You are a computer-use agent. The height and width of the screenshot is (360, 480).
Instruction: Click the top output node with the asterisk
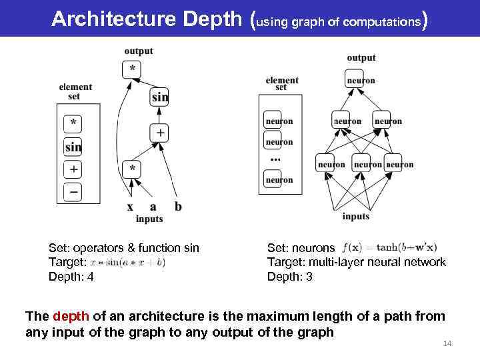133,69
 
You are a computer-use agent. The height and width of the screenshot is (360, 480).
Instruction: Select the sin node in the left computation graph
160,97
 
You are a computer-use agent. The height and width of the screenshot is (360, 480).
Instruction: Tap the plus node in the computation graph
160,132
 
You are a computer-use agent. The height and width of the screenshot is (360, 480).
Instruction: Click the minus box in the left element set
73,193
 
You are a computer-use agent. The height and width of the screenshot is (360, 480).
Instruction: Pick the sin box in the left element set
73,147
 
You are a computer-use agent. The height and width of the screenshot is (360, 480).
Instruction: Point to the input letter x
130,207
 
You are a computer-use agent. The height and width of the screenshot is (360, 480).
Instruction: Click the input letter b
178,206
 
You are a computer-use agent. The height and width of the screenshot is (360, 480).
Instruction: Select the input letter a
153,207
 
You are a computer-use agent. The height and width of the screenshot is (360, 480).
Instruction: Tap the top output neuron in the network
360,81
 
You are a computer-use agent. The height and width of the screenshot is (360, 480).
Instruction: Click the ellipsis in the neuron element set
275,160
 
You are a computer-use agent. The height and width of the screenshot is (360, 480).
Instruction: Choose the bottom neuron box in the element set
279,179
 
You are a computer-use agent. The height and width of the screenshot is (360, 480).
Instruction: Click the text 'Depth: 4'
71,275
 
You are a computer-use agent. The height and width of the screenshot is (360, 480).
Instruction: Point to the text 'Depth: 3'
290,275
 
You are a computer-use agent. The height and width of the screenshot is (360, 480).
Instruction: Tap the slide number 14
447,343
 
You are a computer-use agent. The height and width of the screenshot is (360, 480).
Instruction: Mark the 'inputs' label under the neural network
355,217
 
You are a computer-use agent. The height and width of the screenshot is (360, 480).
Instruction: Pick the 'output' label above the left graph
138,51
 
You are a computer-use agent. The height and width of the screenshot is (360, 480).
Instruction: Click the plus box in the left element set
73,169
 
